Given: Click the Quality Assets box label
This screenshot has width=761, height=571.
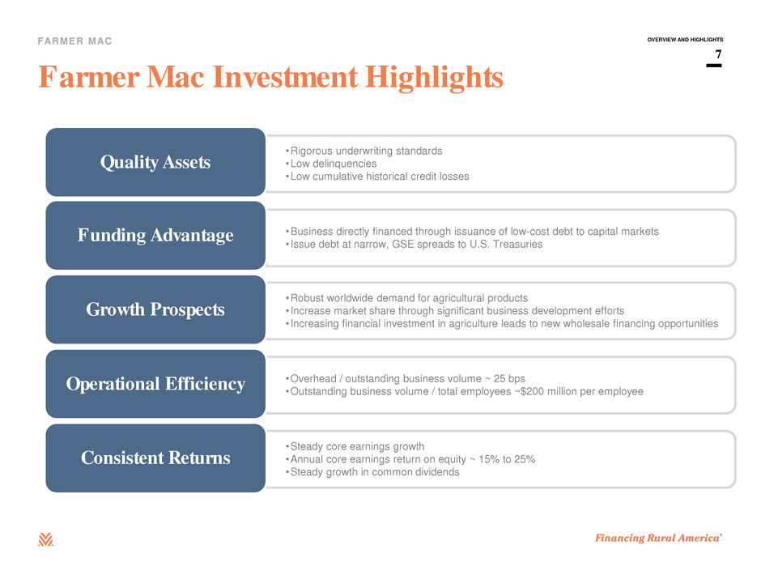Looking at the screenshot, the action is click(155, 162).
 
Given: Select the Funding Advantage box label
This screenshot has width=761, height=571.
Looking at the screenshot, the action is click(155, 236).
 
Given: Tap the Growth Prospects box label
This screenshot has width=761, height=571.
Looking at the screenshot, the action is click(155, 309).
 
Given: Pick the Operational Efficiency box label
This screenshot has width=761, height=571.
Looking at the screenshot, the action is click(155, 384).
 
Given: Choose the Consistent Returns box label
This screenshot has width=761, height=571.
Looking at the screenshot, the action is click(155, 458).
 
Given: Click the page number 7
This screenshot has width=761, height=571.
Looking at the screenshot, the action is click(718, 54).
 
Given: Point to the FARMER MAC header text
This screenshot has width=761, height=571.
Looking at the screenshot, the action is click(74, 41).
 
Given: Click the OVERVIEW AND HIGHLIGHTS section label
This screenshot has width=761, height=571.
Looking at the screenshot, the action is click(685, 40).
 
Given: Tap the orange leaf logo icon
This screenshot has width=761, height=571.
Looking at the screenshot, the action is click(45, 539).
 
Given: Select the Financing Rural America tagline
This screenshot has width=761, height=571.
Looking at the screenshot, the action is click(659, 538).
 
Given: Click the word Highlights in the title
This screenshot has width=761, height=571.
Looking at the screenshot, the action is click(435, 78).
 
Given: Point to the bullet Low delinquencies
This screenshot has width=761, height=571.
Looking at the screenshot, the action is click(331, 164).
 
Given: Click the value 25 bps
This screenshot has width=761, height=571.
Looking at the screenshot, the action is click(509, 379).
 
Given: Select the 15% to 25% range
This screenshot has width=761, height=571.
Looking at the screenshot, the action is click(507, 459).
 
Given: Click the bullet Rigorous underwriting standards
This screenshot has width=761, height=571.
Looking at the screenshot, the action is click(364, 151).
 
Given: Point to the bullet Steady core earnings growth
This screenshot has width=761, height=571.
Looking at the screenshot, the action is click(355, 447).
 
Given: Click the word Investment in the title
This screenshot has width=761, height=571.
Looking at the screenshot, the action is click(285, 77).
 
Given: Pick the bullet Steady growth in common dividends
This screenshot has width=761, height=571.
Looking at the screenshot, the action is click(372, 472).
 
